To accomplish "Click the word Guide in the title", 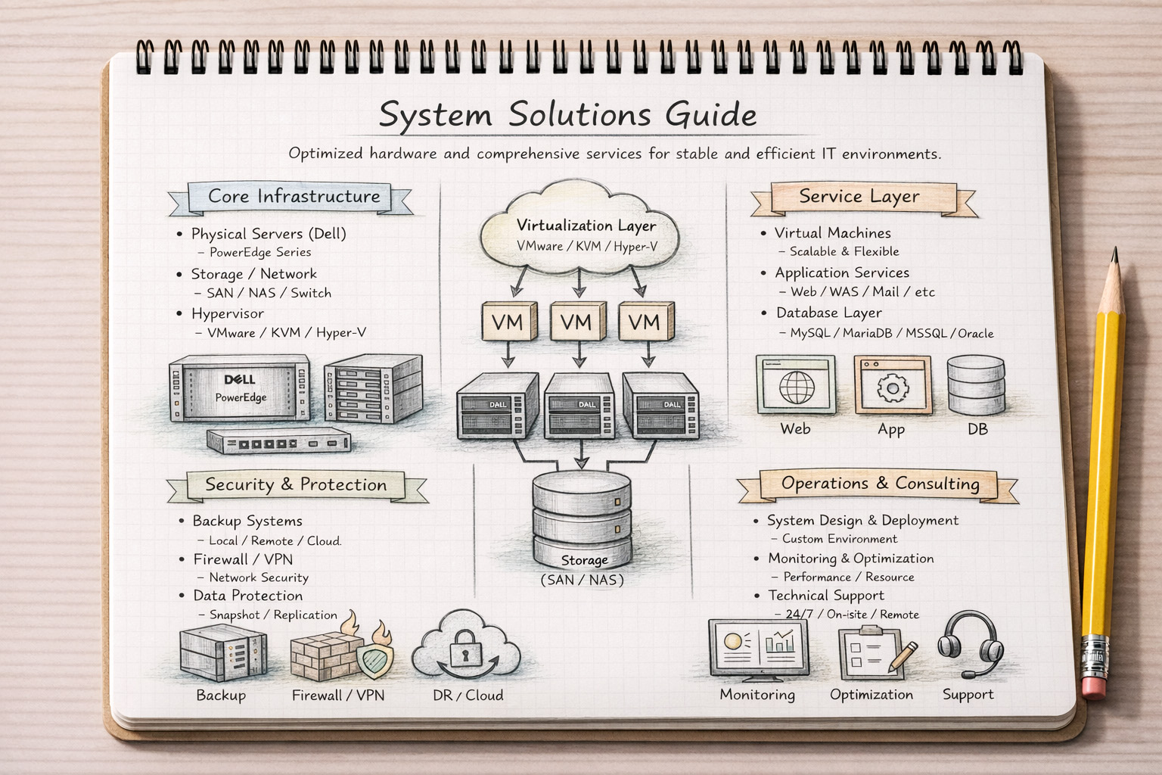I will coord(710,114).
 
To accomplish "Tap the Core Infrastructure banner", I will coord(294,197).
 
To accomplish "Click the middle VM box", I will coord(577,322).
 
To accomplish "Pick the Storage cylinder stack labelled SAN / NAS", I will coord(582,522).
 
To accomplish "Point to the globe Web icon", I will coord(796,386).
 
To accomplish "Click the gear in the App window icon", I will coord(893,388).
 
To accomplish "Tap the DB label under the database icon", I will coord(977,429).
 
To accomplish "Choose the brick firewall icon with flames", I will coord(325,655).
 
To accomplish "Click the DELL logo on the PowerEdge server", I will coord(240,379).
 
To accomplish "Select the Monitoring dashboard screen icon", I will coord(758,647).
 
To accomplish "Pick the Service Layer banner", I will coord(860,197).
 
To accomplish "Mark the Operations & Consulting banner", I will coord(879,484).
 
